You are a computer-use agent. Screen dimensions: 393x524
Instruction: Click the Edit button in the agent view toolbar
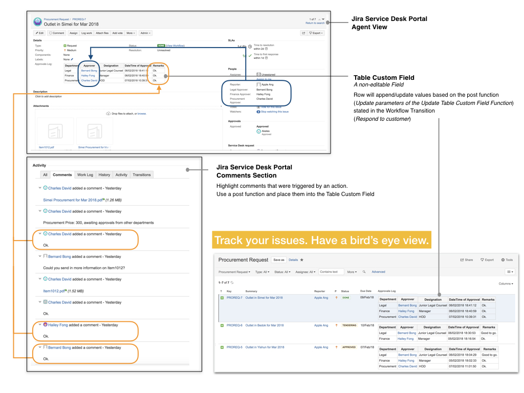tap(39, 33)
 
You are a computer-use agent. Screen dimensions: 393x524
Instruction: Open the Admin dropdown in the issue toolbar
tap(145, 33)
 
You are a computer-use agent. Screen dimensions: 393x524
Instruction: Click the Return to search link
tap(315, 23)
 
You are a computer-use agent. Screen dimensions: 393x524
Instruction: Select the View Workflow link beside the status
tap(175, 46)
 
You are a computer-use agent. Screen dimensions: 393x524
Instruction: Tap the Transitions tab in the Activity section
tap(142, 174)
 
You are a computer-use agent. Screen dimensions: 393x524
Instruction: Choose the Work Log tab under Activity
tap(84, 174)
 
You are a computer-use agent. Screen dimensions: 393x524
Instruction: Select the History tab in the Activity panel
tap(104, 174)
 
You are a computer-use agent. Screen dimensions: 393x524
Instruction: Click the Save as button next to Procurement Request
tap(279, 260)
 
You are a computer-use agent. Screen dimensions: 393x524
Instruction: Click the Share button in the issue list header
tap(467, 260)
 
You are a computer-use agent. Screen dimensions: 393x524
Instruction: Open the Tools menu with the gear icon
tap(507, 260)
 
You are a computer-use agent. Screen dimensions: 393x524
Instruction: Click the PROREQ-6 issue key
tap(234, 325)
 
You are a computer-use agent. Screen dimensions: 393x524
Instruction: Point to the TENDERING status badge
tap(350, 325)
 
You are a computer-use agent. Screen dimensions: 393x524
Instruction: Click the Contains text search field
tap(331, 272)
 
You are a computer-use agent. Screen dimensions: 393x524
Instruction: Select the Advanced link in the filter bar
tap(378, 272)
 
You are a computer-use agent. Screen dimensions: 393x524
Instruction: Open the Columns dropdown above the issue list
tap(506, 283)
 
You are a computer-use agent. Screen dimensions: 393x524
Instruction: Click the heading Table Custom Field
tap(384, 78)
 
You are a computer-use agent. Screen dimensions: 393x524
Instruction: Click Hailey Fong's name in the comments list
tap(58, 325)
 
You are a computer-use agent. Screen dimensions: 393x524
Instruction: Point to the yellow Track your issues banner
tap(321, 241)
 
